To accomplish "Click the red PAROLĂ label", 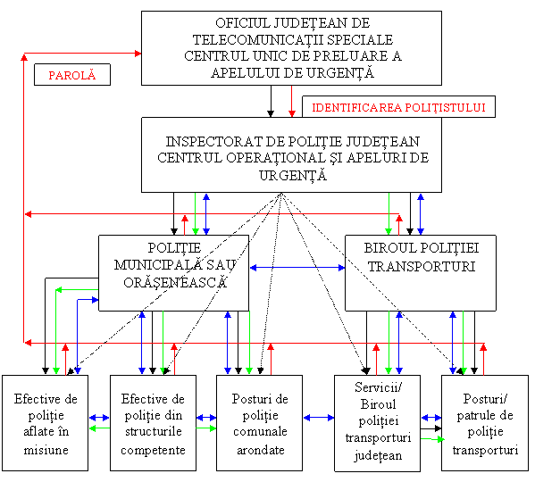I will click(71, 75).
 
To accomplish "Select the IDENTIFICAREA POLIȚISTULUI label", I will click(398, 107).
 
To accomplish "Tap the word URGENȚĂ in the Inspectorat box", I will click(291, 175).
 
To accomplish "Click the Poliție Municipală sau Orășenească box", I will click(173, 272).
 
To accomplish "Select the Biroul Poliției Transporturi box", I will click(421, 272).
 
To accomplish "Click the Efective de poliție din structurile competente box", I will click(153, 423).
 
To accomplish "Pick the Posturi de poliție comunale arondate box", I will click(260, 423).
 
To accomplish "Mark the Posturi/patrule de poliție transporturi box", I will click(485, 423).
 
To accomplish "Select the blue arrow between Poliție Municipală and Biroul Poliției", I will click(297, 267).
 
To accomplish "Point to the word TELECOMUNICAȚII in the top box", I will click(237, 39).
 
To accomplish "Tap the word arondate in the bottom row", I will click(260, 449).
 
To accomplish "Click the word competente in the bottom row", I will click(153, 449).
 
